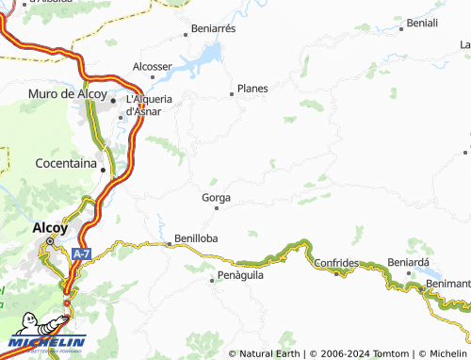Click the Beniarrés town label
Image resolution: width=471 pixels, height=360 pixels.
tap(214, 29)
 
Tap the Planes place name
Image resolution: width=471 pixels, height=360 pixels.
tap(252, 89)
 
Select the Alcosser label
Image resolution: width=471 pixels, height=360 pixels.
tap(152, 66)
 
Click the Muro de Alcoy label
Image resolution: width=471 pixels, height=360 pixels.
tap(69, 93)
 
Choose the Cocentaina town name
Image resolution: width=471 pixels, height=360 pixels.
tap(66, 163)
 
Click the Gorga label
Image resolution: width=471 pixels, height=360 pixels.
tap(216, 198)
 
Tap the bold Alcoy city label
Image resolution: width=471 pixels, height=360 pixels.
tap(49, 227)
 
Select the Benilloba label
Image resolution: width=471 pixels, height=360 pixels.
tap(196, 238)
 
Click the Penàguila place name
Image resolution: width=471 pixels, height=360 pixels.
tap(237, 275)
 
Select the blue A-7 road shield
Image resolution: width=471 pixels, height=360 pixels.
tap(82, 254)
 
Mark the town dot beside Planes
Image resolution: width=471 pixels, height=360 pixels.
tap(232, 93)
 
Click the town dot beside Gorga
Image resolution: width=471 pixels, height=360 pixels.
tap(217, 207)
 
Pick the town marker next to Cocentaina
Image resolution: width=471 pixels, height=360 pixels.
tap(103, 170)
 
